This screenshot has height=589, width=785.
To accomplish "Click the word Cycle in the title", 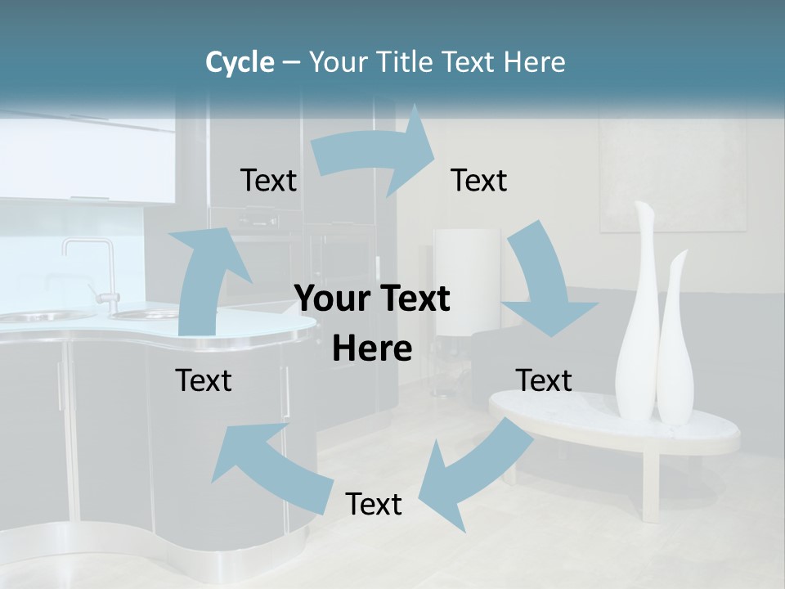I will (x=239, y=62).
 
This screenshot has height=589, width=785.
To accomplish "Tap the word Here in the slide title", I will (x=535, y=62).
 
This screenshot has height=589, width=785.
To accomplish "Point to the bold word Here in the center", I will (x=372, y=349).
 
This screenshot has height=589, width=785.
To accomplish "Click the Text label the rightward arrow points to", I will (x=479, y=181).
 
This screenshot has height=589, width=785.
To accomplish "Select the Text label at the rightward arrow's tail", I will (x=268, y=181).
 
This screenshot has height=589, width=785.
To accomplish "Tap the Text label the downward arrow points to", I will (x=544, y=380).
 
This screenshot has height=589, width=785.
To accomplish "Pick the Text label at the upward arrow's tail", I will (x=204, y=380).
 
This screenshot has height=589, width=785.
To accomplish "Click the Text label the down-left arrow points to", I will (x=374, y=505).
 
